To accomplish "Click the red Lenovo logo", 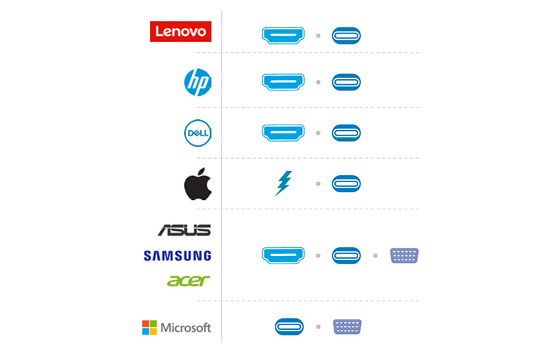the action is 180,31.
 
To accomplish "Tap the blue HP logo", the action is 198,82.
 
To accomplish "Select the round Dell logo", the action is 198,133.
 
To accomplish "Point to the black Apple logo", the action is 198,184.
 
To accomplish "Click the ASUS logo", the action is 184,230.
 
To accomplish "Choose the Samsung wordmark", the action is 177,255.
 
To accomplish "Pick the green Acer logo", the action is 188,281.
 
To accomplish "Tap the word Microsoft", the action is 186,328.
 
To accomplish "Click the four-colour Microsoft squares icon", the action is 149,328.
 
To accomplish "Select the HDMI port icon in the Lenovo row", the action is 283,36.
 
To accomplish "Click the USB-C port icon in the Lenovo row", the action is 347,36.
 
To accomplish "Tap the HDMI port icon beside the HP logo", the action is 283,82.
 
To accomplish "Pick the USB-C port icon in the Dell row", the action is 347,133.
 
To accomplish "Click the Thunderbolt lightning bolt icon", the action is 284,183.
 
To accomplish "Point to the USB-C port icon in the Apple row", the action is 347,183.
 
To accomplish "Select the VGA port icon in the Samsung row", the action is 404,255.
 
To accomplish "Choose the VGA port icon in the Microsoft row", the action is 347,327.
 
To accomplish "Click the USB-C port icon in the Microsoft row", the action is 289,327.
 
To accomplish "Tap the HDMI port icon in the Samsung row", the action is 283,255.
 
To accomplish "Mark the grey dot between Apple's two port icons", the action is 318,183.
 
